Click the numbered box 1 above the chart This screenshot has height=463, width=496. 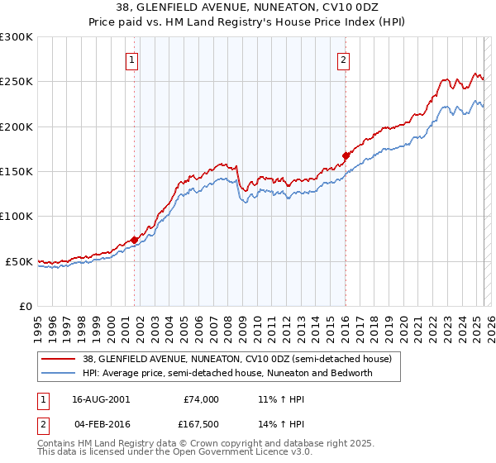[132, 59]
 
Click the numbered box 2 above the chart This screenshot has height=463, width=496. [343, 59]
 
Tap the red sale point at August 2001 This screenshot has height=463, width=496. [134, 240]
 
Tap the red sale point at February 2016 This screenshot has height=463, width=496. [346, 155]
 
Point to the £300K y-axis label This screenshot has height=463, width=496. [17, 37]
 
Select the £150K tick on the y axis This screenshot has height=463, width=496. [17, 171]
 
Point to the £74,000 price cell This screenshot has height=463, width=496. [201, 399]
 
